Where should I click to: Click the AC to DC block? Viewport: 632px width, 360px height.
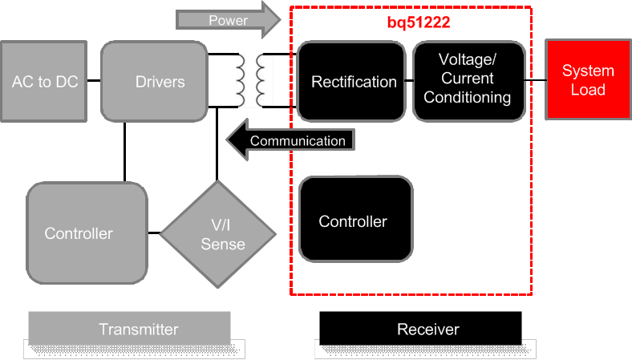[45, 81]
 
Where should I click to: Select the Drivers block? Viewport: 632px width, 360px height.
[154, 81]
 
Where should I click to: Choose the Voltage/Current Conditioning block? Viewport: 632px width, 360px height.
[468, 81]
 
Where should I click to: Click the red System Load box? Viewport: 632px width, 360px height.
[587, 80]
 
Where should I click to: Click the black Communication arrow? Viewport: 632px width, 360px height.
[290, 140]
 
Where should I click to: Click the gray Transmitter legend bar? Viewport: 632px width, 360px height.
[129, 329]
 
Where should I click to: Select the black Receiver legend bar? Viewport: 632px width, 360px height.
[420, 329]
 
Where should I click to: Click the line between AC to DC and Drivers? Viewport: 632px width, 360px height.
[95, 81]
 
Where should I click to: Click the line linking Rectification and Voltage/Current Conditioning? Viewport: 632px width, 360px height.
[408, 81]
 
